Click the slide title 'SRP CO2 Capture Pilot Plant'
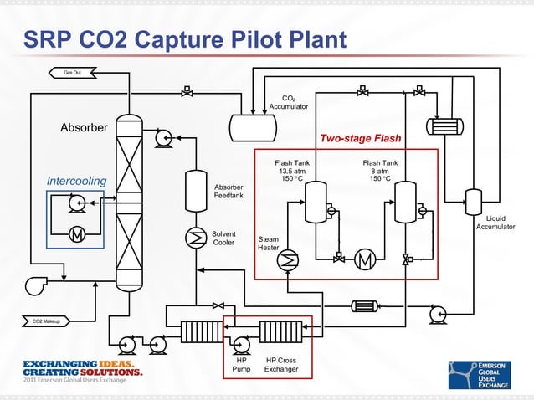184,39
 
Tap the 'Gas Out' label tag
74,73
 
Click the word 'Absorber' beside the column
84,128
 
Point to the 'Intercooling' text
76,181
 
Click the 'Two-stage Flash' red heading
360,138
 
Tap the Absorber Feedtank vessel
196,189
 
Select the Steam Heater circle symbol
288,260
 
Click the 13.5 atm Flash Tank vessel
316,201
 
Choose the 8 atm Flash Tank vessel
406,201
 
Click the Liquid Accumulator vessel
472,201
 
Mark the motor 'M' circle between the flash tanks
365,260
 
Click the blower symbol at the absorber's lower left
37,285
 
